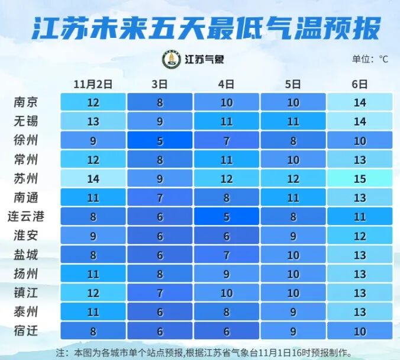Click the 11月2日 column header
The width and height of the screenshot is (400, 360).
click(93, 83)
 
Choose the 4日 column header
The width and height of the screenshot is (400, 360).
click(227, 83)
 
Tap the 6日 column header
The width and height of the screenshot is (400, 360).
click(360, 83)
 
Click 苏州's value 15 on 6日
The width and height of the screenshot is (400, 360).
click(360, 178)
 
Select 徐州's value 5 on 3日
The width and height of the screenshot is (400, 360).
click(160, 140)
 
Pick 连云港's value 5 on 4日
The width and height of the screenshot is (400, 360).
click(227, 216)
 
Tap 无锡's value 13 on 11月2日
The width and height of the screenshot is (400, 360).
click(93, 121)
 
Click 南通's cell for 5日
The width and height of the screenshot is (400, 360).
click(293, 197)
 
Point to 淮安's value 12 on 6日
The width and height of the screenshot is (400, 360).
click(360, 235)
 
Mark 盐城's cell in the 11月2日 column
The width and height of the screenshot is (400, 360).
click(93, 254)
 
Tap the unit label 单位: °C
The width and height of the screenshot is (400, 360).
click(370, 59)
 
